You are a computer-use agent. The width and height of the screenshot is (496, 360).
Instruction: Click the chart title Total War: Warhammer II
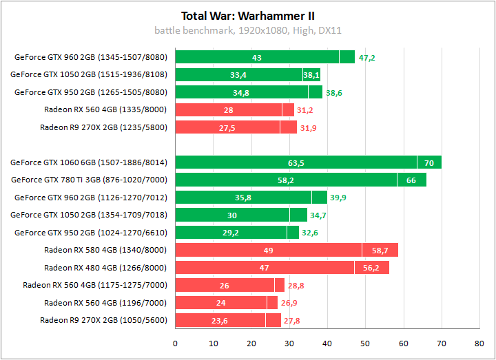pos(248,15)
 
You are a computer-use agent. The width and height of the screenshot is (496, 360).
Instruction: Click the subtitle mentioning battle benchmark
pos(248,30)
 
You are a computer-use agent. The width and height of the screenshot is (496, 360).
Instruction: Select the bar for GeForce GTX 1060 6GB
pos(308,162)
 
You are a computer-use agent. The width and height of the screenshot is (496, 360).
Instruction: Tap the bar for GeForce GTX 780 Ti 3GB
pos(300,180)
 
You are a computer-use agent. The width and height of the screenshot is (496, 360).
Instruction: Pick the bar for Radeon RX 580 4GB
pos(287,250)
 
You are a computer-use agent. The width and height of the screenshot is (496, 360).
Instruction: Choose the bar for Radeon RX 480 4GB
pos(282,268)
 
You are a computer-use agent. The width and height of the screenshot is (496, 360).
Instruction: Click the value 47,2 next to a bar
pos(366,58)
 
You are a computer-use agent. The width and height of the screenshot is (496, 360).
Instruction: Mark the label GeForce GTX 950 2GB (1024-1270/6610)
pos(91,232)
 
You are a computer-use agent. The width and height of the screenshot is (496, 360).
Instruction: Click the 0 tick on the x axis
pos(176,342)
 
